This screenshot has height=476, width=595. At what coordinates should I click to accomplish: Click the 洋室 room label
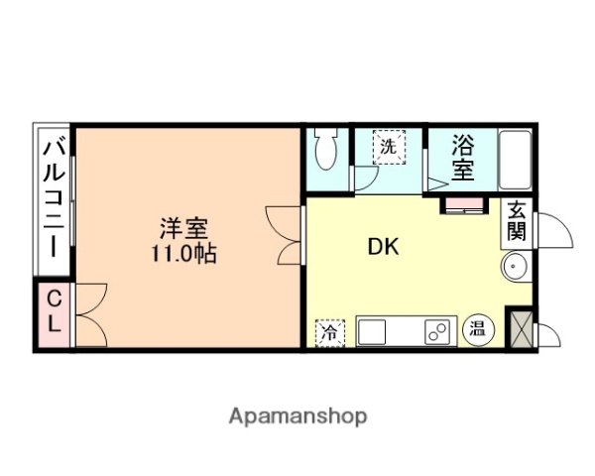click(x=185, y=227)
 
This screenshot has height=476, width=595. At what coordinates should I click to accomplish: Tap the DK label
click(x=384, y=247)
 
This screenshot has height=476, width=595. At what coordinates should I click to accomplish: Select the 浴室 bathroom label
click(x=462, y=156)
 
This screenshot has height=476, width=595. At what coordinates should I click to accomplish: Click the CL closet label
click(x=54, y=310)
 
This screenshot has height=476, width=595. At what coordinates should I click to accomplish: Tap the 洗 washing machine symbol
click(x=389, y=147)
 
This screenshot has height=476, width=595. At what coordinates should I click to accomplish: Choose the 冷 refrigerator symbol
click(x=327, y=333)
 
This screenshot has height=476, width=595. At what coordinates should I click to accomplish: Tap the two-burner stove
click(x=436, y=331)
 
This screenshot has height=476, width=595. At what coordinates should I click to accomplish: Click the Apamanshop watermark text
click(x=297, y=416)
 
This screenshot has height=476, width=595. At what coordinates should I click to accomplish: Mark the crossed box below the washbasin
click(x=519, y=328)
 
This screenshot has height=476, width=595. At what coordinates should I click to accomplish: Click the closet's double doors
click(x=88, y=312)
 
